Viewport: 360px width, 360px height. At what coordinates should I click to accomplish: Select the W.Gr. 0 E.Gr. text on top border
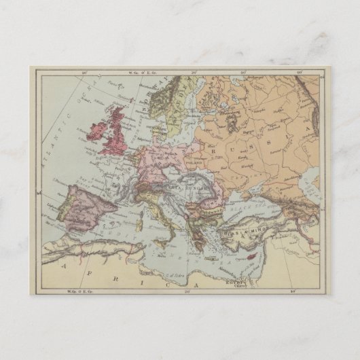[x=130, y=71]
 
